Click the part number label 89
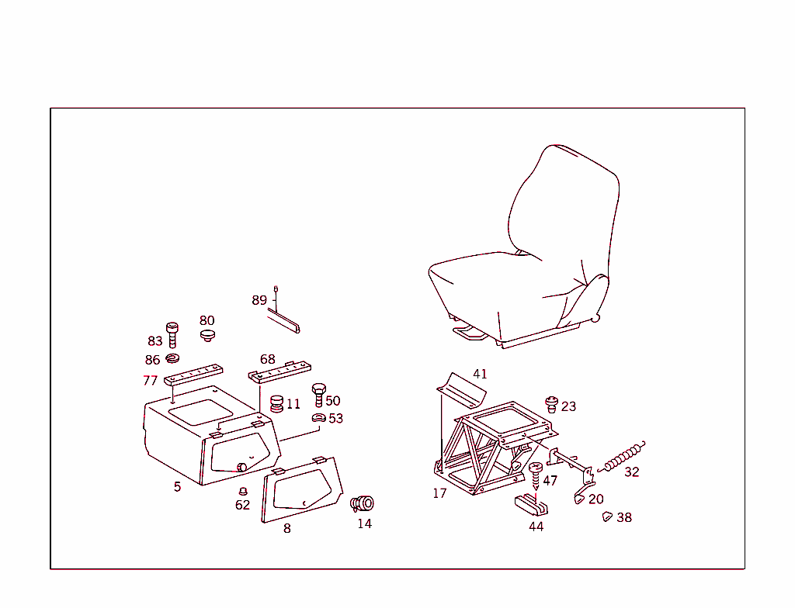pos(259,300)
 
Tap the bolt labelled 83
pos(172,335)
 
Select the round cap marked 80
pos(207,335)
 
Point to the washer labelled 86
pos(172,358)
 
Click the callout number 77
pos(150,381)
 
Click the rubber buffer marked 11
pos(276,404)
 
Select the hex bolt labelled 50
pos(318,394)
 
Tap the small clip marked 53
pos(318,419)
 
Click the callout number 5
pos(177,487)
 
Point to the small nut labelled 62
pos(242,491)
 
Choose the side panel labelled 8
pos(303,489)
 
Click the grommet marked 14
pos(362,503)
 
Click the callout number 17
pos(439,493)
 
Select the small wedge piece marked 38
pos(607,516)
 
